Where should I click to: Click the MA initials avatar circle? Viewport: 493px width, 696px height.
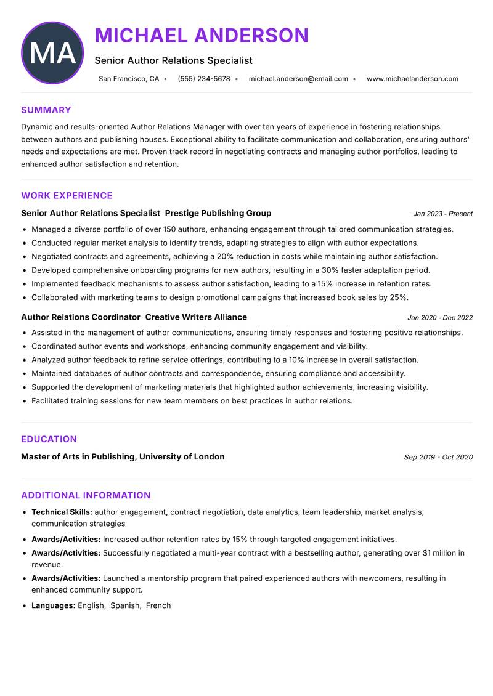coord(52,53)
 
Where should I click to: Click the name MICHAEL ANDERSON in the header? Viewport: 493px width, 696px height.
coord(202,36)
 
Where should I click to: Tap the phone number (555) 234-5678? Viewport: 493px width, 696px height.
coord(203,79)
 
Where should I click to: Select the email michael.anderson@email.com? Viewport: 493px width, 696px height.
coord(298,79)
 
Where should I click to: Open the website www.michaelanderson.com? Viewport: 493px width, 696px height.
coord(412,79)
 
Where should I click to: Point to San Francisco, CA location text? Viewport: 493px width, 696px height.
coord(129,79)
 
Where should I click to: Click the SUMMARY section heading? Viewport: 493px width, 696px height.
coord(46,110)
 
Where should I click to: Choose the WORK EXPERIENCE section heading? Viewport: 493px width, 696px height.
coord(67,196)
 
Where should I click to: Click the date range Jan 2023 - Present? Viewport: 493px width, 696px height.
coord(442,214)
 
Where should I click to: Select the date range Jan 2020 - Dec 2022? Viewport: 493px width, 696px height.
coord(440,318)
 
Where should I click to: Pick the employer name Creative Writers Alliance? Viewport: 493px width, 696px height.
coord(196,317)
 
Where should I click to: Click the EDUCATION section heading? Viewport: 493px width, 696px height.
coord(49,439)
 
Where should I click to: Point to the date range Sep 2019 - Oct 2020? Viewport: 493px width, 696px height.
coord(438,457)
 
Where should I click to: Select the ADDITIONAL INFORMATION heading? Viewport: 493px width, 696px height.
coord(86,495)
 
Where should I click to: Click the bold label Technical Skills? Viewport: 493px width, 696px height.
coord(62,512)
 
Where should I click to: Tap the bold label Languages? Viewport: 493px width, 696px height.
coord(54,605)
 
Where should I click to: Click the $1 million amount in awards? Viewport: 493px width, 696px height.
coord(443,553)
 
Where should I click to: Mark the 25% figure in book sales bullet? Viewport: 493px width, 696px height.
coord(398,297)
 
